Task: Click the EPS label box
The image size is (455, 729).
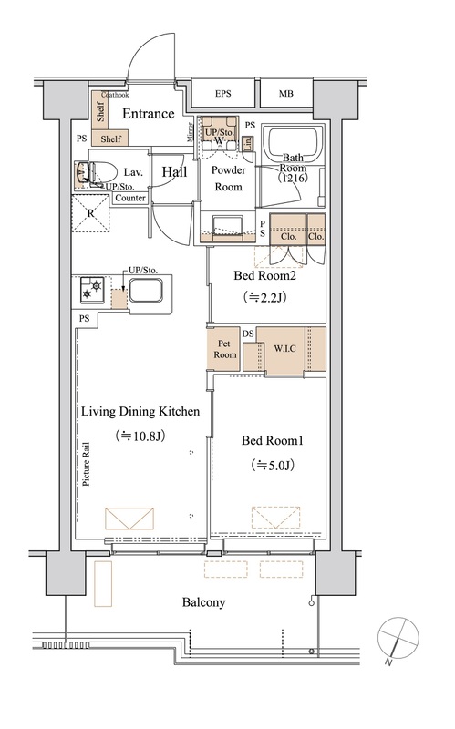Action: click(223, 94)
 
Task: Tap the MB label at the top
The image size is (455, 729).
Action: click(286, 94)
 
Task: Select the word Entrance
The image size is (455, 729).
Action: click(148, 113)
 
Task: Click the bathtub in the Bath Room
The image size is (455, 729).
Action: click(292, 143)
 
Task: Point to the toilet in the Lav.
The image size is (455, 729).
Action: click(96, 173)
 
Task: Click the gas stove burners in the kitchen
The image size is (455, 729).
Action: click(92, 289)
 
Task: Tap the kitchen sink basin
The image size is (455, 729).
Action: click(146, 291)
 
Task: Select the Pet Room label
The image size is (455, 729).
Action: click(224, 349)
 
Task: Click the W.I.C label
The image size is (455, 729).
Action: click(284, 348)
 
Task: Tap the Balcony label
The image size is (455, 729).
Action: click(203, 602)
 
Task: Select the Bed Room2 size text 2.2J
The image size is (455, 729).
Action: click(264, 297)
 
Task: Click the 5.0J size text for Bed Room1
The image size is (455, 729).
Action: click(272, 465)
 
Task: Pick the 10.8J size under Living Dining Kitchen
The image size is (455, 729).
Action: click(140, 436)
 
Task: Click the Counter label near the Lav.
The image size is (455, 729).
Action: click(130, 198)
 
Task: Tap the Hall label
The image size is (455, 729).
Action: click(174, 171)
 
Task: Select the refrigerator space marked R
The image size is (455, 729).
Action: click(90, 213)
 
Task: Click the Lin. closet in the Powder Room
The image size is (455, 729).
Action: click(248, 144)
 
